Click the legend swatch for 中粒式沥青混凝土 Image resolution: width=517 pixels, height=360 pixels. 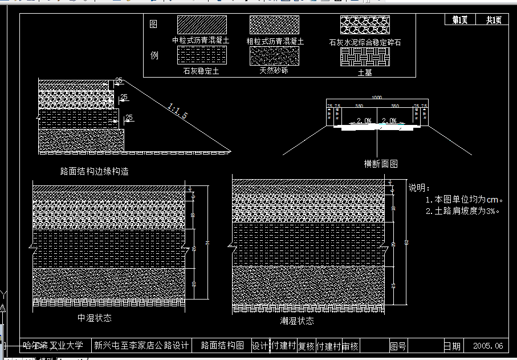(202, 25)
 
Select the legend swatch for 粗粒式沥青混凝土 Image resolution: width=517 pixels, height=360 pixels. (275, 25)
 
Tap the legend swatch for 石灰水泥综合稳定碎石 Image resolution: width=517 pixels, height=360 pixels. (365, 25)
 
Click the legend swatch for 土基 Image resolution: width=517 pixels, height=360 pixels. (365, 57)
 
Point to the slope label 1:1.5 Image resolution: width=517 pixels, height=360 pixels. (178, 111)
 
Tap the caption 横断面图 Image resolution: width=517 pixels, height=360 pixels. (381, 164)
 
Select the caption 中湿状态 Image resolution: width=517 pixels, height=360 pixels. (94, 318)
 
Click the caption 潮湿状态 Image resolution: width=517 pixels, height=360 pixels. (297, 321)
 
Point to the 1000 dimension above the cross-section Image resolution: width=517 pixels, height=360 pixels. (377, 98)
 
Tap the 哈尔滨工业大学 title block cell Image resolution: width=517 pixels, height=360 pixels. (54, 345)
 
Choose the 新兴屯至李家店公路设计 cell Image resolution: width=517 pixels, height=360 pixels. (141, 345)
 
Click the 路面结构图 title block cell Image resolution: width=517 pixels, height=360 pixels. (222, 345)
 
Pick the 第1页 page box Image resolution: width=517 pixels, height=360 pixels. (460, 20)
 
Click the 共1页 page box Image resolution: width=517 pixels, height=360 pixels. (494, 20)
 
